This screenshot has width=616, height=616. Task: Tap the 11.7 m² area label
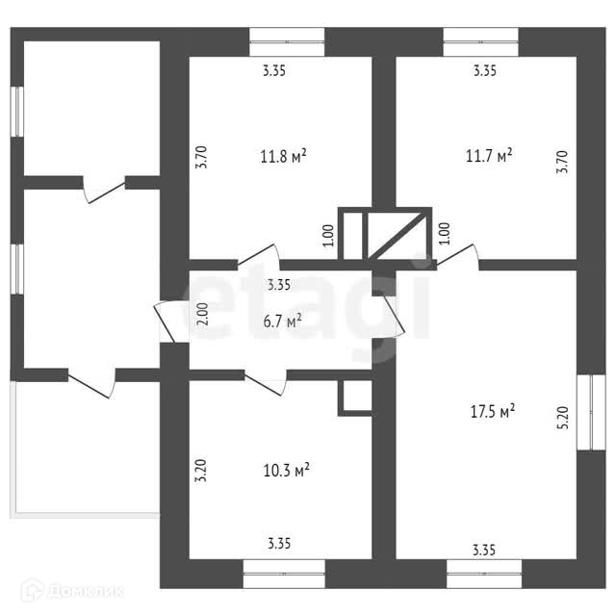[x=489, y=155]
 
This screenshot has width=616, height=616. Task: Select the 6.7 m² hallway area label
[x=283, y=321]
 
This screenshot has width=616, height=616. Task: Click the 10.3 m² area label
[x=286, y=471]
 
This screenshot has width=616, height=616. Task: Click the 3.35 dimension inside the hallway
[x=279, y=284]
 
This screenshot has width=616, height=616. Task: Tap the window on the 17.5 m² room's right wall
[x=584, y=410]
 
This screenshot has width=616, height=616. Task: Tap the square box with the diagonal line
[x=398, y=235]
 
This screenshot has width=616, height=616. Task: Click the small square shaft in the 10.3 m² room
[x=354, y=398]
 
